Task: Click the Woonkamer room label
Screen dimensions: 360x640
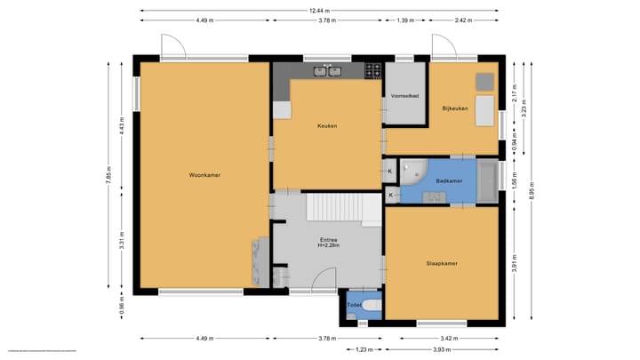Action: click(204, 175)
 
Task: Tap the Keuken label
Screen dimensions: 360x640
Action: click(327, 125)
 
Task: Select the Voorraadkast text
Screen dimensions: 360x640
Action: click(404, 95)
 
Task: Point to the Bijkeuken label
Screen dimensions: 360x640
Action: click(455, 108)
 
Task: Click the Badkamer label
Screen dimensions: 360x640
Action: click(448, 180)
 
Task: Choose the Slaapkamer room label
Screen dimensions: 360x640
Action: click(441, 263)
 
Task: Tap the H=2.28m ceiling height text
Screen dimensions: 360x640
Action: click(328, 246)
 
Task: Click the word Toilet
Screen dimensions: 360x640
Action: click(354, 305)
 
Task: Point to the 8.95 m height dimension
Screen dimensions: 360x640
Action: click(532, 190)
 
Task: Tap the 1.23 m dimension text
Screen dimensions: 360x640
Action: click(364, 348)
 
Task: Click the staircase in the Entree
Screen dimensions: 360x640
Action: click(334, 208)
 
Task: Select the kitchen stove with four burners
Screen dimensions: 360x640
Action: click(374, 70)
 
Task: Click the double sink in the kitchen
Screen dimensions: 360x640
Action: click(326, 71)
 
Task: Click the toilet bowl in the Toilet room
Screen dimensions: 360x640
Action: click(371, 307)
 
